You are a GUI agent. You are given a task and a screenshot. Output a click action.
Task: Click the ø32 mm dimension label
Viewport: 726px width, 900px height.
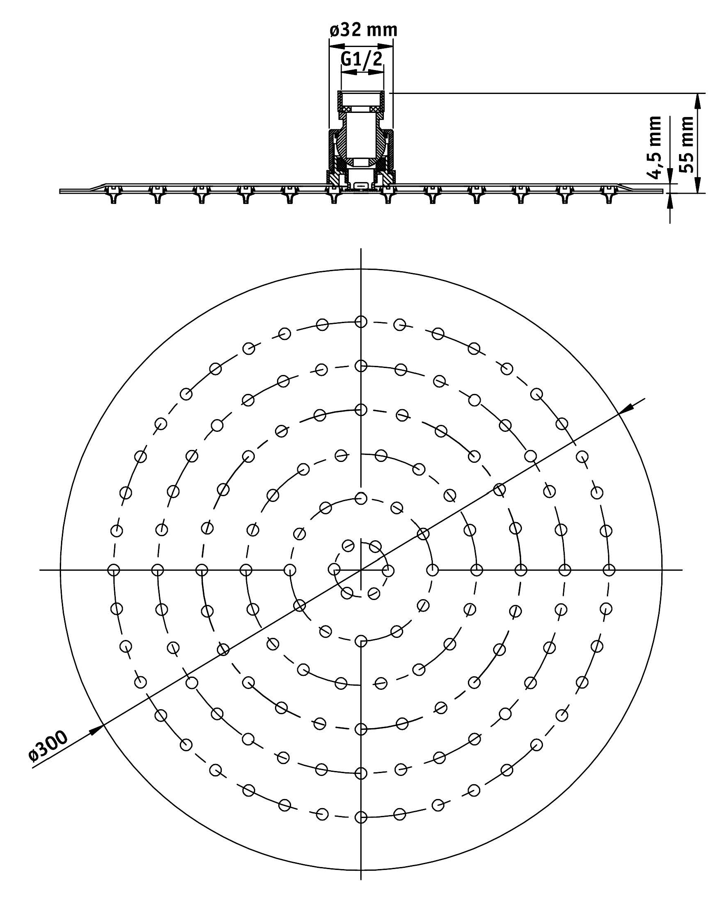coord(363,30)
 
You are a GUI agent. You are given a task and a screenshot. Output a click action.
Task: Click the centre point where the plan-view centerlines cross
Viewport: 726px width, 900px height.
coord(361,570)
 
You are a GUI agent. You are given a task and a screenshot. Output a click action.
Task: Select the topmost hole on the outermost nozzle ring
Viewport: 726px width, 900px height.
coord(361,322)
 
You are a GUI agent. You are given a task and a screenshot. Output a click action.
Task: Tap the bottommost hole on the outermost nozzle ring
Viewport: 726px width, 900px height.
coord(361,817)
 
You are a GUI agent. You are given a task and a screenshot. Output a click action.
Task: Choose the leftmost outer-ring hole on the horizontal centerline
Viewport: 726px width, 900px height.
coord(113,570)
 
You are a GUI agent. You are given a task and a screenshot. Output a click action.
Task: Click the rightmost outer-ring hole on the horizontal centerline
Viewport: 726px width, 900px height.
coord(609,570)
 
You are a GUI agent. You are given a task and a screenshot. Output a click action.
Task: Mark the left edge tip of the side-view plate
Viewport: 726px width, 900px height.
coord(60,192)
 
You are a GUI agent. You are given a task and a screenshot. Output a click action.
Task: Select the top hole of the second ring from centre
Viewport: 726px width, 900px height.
coord(361,498)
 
